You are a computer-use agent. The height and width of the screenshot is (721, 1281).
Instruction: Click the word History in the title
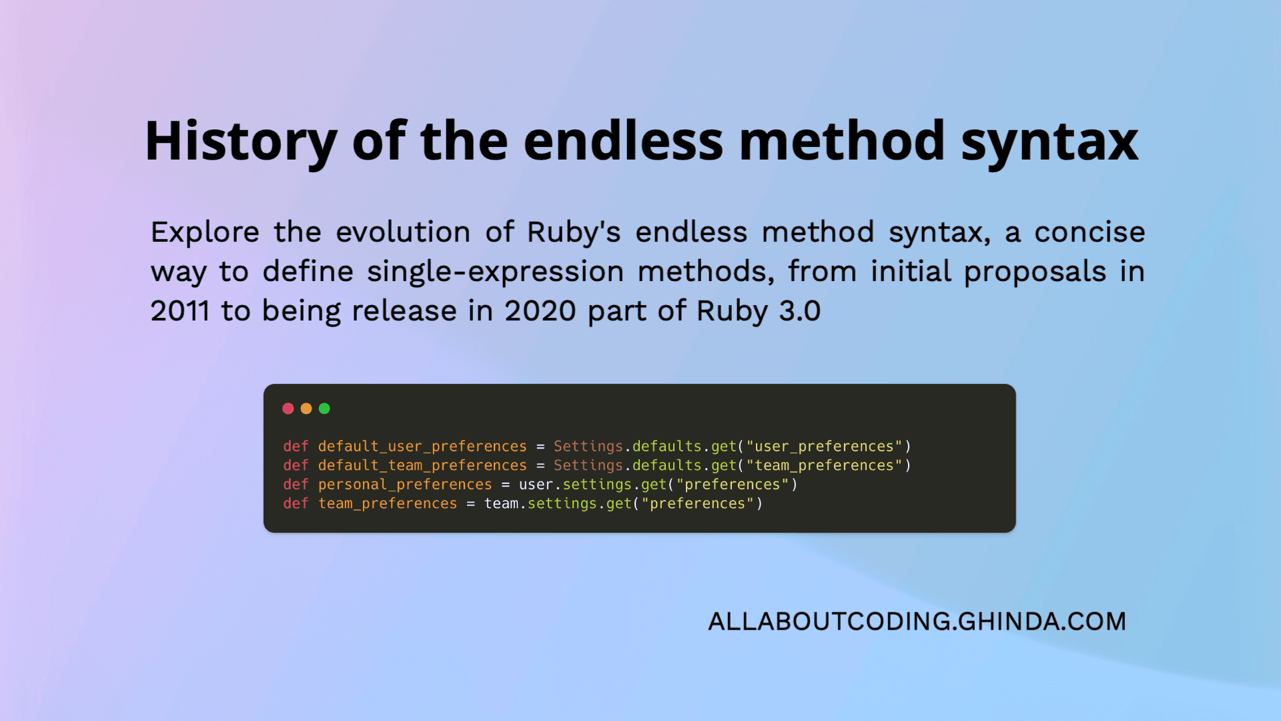[x=241, y=142]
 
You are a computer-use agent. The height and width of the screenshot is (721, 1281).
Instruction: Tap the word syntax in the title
[x=1049, y=142]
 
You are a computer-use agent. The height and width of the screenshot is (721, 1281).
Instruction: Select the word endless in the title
[x=623, y=142]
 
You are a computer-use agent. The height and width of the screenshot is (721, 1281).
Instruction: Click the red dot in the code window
[x=288, y=409]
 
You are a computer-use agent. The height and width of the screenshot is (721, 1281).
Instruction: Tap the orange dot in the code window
[x=306, y=409]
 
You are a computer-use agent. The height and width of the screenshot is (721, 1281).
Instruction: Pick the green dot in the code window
[x=324, y=409]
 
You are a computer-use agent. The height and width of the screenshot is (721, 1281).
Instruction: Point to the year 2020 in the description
[x=540, y=311]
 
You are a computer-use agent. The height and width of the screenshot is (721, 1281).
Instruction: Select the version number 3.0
[x=799, y=311]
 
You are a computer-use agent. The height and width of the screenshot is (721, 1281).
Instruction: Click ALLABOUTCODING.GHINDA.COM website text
[x=917, y=622]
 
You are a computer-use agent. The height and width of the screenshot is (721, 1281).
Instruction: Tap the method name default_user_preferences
[x=422, y=446]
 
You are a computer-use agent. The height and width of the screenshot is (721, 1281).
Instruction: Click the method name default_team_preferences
[x=422, y=465]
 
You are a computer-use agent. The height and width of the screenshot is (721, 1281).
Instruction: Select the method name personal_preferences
[x=404, y=485]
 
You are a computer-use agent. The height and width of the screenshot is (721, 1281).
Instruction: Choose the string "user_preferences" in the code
[x=824, y=446]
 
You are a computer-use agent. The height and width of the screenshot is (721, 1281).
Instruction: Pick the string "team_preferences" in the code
[x=824, y=465]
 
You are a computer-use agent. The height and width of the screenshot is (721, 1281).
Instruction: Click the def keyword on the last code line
[x=296, y=503]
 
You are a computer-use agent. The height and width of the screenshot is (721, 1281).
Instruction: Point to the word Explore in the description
[x=205, y=232]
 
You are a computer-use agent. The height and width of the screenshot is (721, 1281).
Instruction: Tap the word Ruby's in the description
[x=574, y=232]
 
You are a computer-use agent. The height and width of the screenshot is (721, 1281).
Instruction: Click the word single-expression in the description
[x=495, y=272]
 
